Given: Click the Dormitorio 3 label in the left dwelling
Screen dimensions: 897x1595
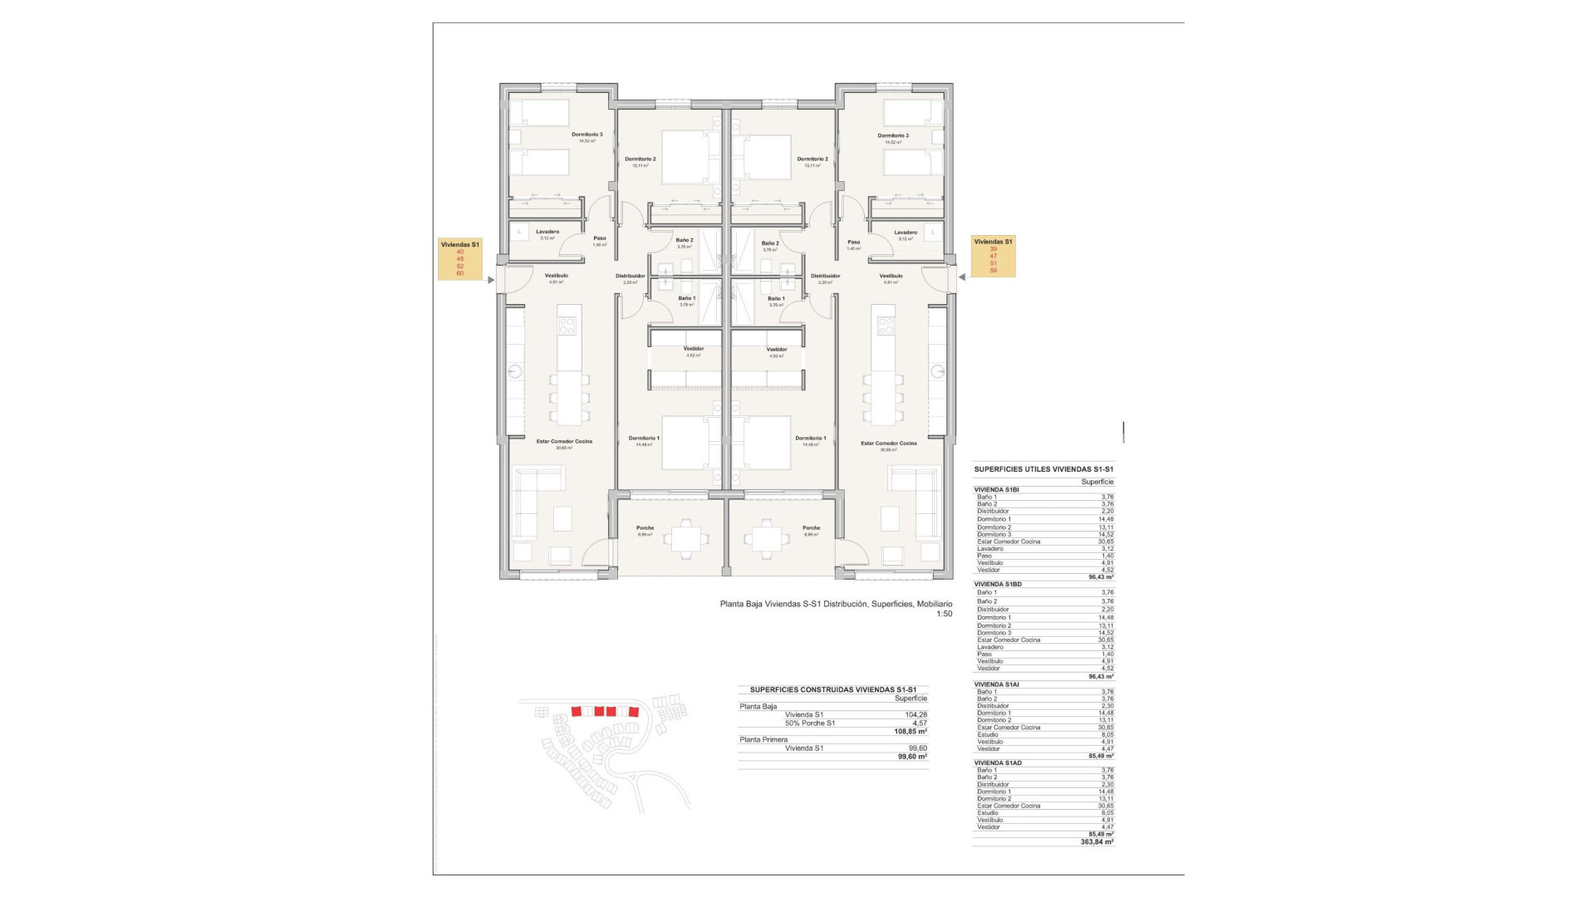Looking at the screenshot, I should coord(586,135).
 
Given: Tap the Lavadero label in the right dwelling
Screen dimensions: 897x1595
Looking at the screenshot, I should coord(905,233).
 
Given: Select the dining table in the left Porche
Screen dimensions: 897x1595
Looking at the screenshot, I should coord(685,538).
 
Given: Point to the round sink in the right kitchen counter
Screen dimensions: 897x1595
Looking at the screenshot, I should coord(939,370).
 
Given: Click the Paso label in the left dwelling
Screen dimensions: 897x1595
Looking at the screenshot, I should coord(600,238).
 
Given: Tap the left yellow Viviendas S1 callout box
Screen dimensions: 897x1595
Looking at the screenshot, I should coord(460,259).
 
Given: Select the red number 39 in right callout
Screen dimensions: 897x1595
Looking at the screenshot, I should coord(993,248).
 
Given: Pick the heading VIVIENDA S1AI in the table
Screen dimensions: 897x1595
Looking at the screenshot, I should coord(996,684).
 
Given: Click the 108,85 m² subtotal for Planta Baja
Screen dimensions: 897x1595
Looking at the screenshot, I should coord(911,732).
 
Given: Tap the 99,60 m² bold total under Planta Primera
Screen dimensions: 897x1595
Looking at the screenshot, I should coord(912,757).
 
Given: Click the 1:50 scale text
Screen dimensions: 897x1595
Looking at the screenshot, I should coord(944,614).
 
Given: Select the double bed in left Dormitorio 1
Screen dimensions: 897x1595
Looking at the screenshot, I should coord(685,443).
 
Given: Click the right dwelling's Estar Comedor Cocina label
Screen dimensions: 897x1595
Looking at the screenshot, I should coord(889,443).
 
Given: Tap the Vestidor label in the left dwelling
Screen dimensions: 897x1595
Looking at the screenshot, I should coord(694,349).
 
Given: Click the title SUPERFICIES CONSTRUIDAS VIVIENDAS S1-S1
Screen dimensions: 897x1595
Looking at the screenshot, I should coord(833,689).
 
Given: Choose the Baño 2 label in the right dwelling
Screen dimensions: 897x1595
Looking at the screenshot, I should coord(770,243).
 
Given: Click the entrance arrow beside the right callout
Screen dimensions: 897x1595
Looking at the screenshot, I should coord(961,277).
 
